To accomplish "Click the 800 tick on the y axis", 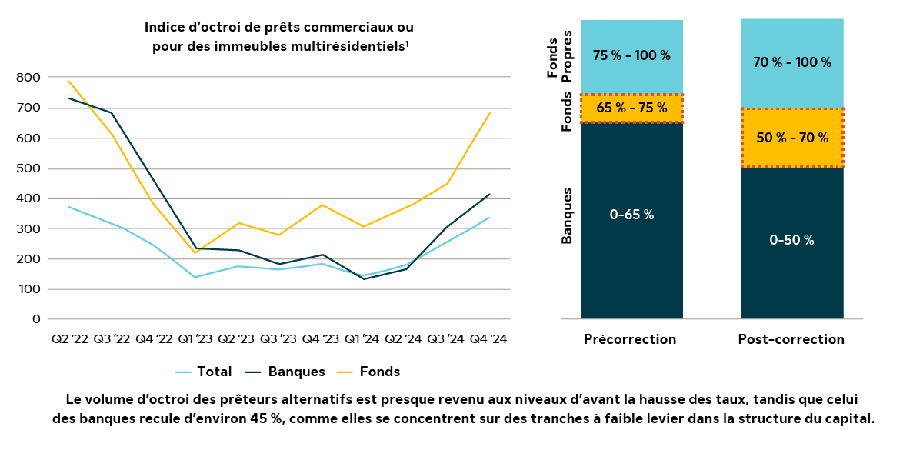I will click(x=29, y=78).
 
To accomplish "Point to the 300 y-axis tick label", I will click(x=29, y=228).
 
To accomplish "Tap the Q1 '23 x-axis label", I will click(x=195, y=338).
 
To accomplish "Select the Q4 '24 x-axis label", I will click(x=488, y=338).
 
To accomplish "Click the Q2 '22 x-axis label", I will click(x=69, y=338).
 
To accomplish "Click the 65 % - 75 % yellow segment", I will click(x=631, y=108).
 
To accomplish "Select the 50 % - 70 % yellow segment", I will click(x=791, y=138).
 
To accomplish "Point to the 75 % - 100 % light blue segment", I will click(x=631, y=55).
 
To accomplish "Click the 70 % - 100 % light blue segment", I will click(x=791, y=62).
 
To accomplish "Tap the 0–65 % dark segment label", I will click(x=631, y=215).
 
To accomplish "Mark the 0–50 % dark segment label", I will click(x=791, y=240).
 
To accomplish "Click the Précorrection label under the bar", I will click(x=630, y=339).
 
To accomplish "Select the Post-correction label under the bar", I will click(x=791, y=339).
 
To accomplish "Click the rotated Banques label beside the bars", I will click(x=567, y=215).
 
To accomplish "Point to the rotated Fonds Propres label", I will click(x=559, y=55).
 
